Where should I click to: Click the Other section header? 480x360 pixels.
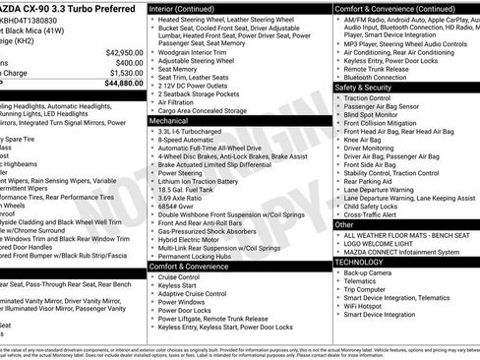coord(345,224)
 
